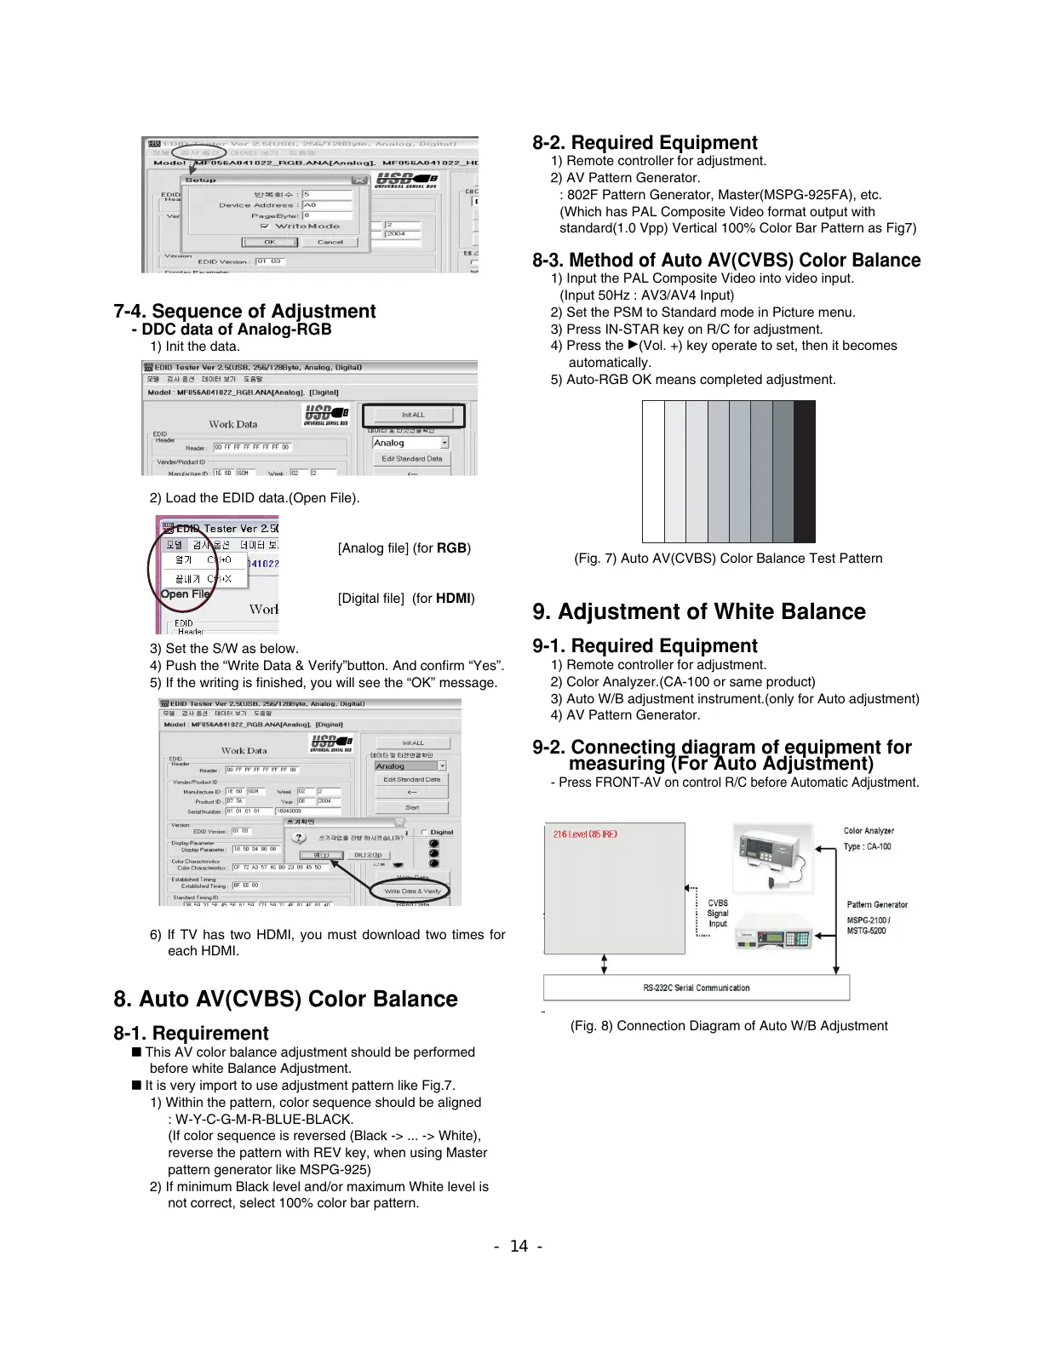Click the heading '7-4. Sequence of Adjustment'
point(244,312)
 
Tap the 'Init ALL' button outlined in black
point(413,416)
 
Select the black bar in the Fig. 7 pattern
point(804,471)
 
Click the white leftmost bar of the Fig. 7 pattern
point(653,471)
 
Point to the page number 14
point(519,1247)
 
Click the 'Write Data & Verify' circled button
point(412,891)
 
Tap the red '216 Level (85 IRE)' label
point(585,834)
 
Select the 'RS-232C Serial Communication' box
point(696,988)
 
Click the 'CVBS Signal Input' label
point(717,914)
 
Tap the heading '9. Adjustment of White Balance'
point(698,612)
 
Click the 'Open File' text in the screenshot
point(185,594)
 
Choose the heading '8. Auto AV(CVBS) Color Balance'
point(285,1000)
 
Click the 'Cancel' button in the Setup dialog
point(330,242)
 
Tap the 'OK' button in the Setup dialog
point(269,242)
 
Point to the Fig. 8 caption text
point(728,1026)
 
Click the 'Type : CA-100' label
point(867,847)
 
